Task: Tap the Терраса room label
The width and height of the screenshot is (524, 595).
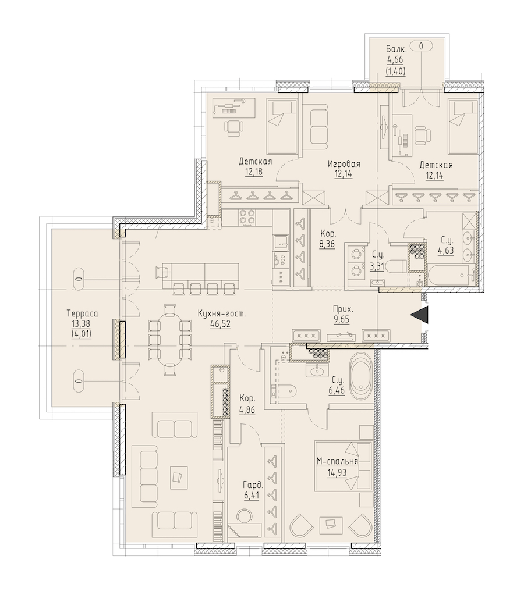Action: tap(83, 314)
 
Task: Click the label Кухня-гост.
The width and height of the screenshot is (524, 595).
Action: tap(222, 314)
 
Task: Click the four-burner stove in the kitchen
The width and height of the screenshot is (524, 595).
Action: tap(247, 218)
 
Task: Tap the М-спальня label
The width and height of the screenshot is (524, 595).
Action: tap(338, 461)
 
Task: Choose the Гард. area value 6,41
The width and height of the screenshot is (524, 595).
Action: tap(251, 495)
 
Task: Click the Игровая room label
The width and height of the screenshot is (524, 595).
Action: tap(344, 164)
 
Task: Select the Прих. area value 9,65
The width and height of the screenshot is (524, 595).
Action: tap(341, 320)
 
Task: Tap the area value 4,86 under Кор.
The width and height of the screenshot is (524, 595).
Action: tap(247, 410)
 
